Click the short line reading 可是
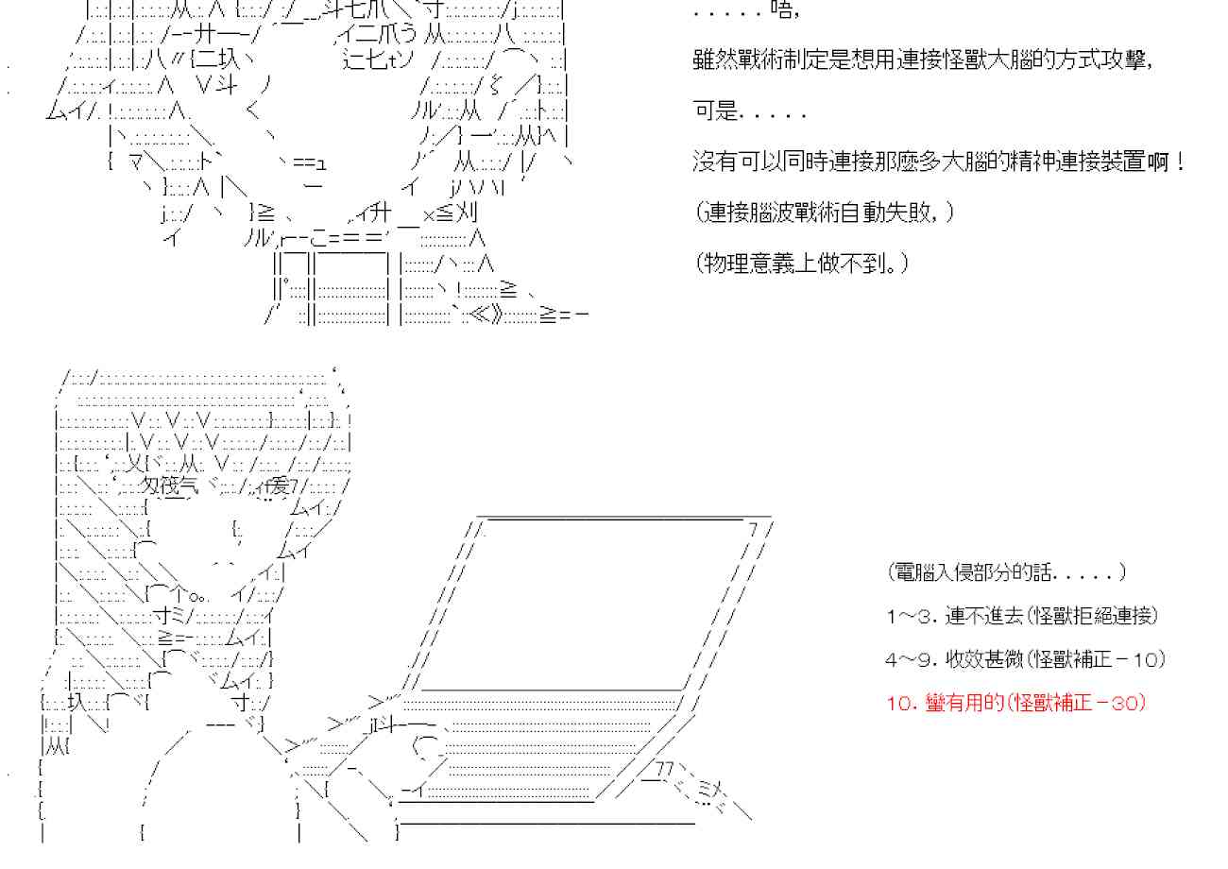point(749,111)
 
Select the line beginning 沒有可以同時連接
point(939,162)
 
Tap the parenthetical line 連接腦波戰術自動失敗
point(823,213)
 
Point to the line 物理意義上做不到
point(801,263)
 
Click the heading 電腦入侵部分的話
point(1006,572)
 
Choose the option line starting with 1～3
point(1022,616)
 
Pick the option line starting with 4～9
point(1026,659)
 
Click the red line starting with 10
point(1016,703)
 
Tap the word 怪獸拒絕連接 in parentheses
point(1091,616)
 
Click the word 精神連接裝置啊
point(1105,162)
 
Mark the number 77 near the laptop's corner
point(665,768)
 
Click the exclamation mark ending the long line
point(1181,162)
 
